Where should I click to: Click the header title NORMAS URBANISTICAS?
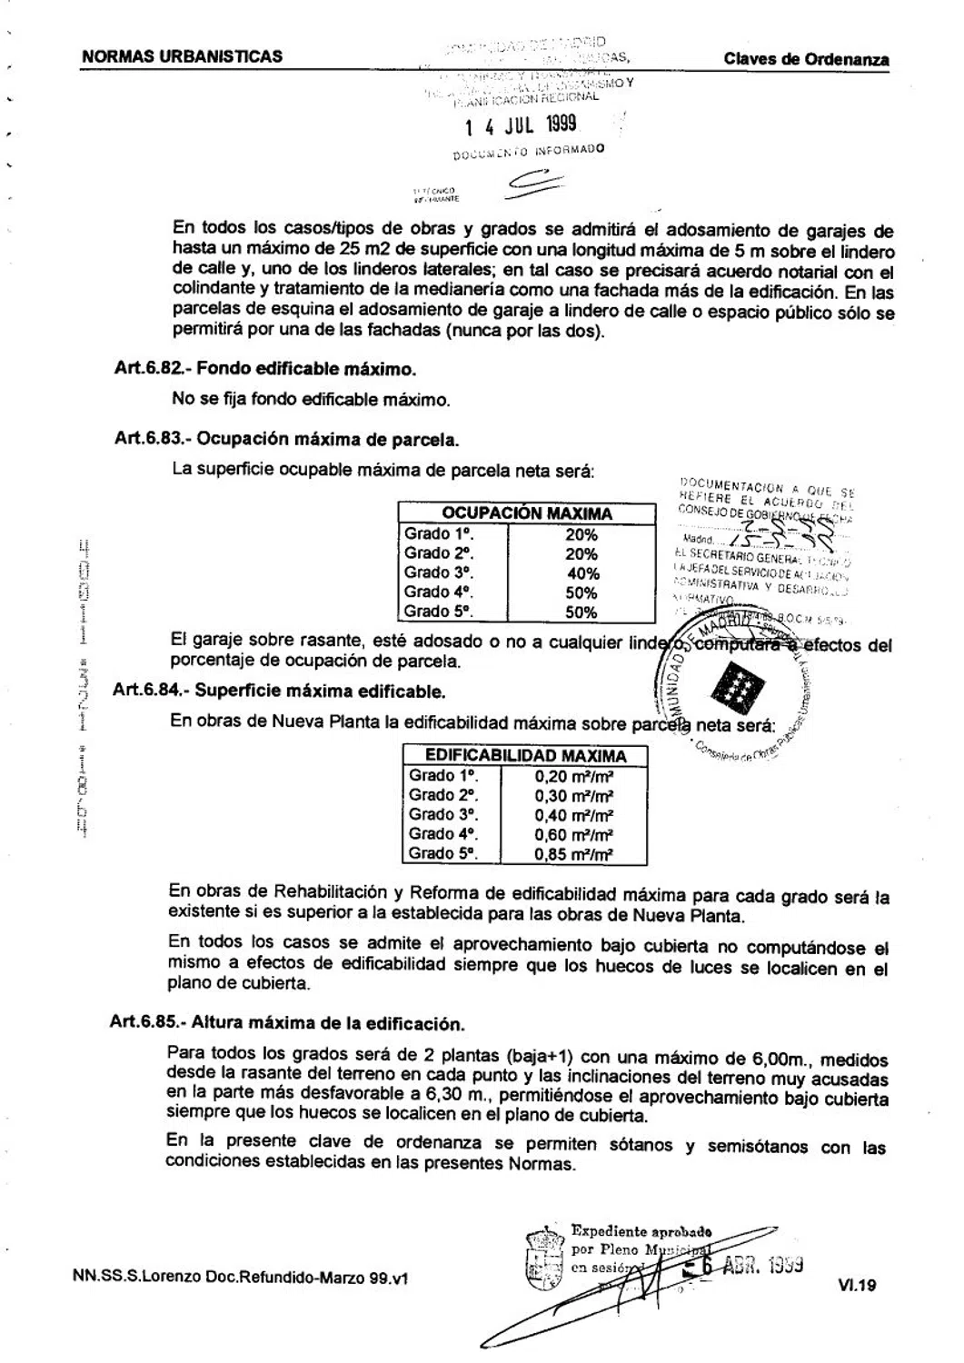182,56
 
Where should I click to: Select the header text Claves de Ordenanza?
806,60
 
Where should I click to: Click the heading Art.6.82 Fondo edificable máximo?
265,370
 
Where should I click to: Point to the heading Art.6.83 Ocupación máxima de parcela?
286,439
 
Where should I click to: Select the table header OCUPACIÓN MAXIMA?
527,513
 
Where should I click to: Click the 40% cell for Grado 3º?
582,573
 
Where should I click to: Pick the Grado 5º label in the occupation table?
439,612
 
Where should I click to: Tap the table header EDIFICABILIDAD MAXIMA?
526,756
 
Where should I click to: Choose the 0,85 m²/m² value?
574,854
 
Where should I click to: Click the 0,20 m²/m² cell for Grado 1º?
574,776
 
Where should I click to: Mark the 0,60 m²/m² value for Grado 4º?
574,834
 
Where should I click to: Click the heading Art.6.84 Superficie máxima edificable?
280,691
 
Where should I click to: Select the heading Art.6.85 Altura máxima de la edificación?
287,1022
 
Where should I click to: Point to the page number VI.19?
858,1285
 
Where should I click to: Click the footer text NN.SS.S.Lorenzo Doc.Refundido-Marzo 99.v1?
240,1277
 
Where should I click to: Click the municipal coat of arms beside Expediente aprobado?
545,1259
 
